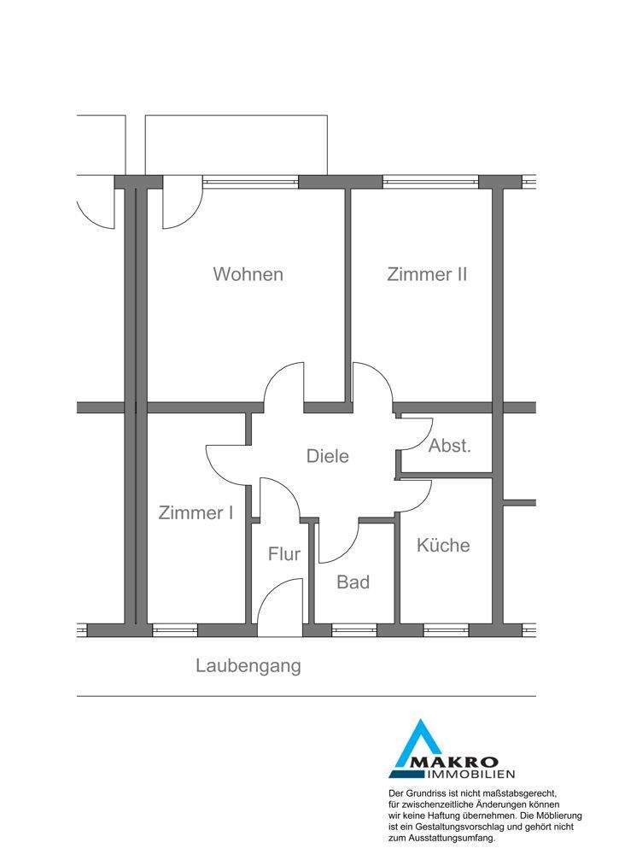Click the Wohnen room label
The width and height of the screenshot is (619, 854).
pos(248,274)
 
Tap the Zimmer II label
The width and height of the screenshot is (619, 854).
pos(426,274)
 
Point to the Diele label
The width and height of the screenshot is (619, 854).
pos(328,456)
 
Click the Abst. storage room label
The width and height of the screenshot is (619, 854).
pos(449,446)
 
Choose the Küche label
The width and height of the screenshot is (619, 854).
pos(443,545)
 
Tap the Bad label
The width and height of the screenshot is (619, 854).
pos(353,582)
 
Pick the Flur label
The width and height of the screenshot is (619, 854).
pos(284,553)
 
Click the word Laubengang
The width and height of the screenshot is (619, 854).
pos(248,665)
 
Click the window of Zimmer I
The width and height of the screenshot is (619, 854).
pos(175,630)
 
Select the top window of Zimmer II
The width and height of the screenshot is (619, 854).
pos(431,181)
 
